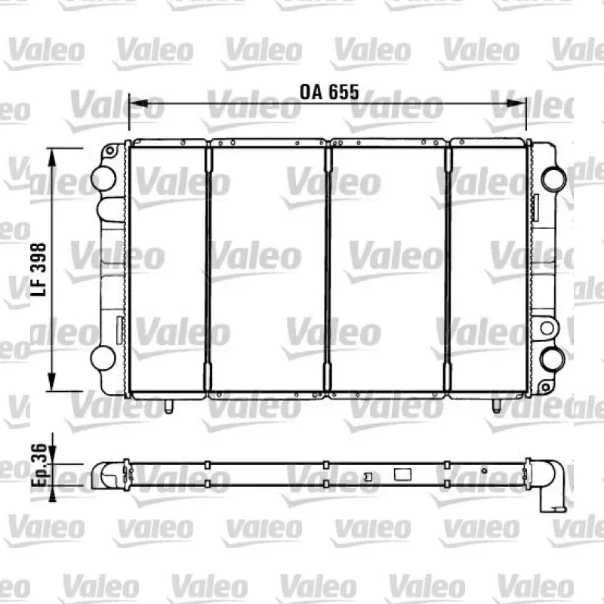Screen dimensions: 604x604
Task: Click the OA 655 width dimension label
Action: coord(329,92)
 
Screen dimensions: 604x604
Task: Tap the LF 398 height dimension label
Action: coord(39,270)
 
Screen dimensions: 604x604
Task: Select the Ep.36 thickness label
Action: coord(39,465)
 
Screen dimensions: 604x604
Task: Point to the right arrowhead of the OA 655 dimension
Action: coord(516,103)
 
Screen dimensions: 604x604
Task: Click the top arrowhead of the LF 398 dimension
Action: coord(51,158)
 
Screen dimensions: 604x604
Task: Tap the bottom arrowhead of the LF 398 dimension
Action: coord(51,381)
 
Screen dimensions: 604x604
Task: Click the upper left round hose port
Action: coord(103,178)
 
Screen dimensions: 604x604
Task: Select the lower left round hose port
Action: coord(103,358)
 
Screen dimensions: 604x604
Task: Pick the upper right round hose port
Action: coord(554,178)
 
